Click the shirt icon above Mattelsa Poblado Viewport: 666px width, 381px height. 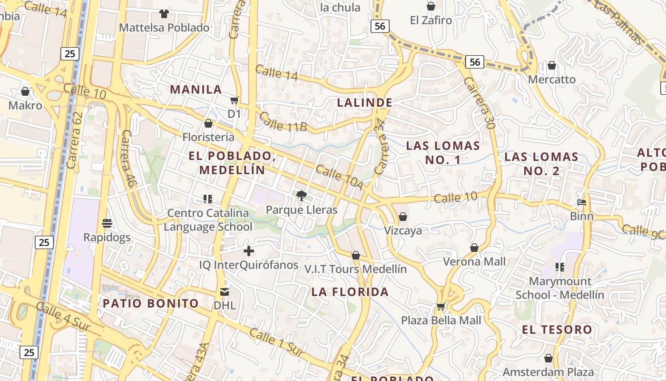pos(164,13)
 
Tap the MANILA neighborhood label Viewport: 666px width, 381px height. pos(196,89)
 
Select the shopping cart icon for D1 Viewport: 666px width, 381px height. pos(234,100)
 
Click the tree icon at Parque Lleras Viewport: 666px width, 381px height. pos(301,195)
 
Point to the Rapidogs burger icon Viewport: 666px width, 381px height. pos(107,223)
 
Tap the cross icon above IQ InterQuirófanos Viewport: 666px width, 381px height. pos(248,251)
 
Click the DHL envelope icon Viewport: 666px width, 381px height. pos(225,291)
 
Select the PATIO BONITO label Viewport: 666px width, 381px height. pos(151,303)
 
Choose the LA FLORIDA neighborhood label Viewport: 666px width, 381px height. pos(350,291)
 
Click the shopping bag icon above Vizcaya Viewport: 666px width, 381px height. pos(403,217)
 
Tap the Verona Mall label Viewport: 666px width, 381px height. pos(475,261)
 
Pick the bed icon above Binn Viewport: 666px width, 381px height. pos(582,202)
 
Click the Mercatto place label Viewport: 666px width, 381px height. pos(552,79)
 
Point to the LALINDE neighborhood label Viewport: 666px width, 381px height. pos(365,102)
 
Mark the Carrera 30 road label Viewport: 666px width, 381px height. pos(479,102)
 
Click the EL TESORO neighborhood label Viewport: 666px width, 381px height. pos(557,329)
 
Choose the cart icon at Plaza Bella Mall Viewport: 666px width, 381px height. pos(441,306)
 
